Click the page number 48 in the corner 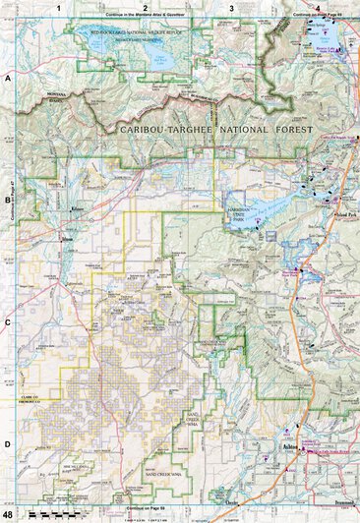pyautogui.click(x=8, y=514)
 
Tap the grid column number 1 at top pyautogui.click(x=59, y=8)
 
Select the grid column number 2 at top pyautogui.click(x=145, y=8)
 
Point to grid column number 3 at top pyautogui.click(x=230, y=8)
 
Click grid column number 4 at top pyautogui.click(x=317, y=8)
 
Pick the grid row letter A pyautogui.click(x=7, y=77)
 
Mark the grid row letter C pyautogui.click(x=7, y=321)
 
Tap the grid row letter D pyautogui.click(x=7, y=443)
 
